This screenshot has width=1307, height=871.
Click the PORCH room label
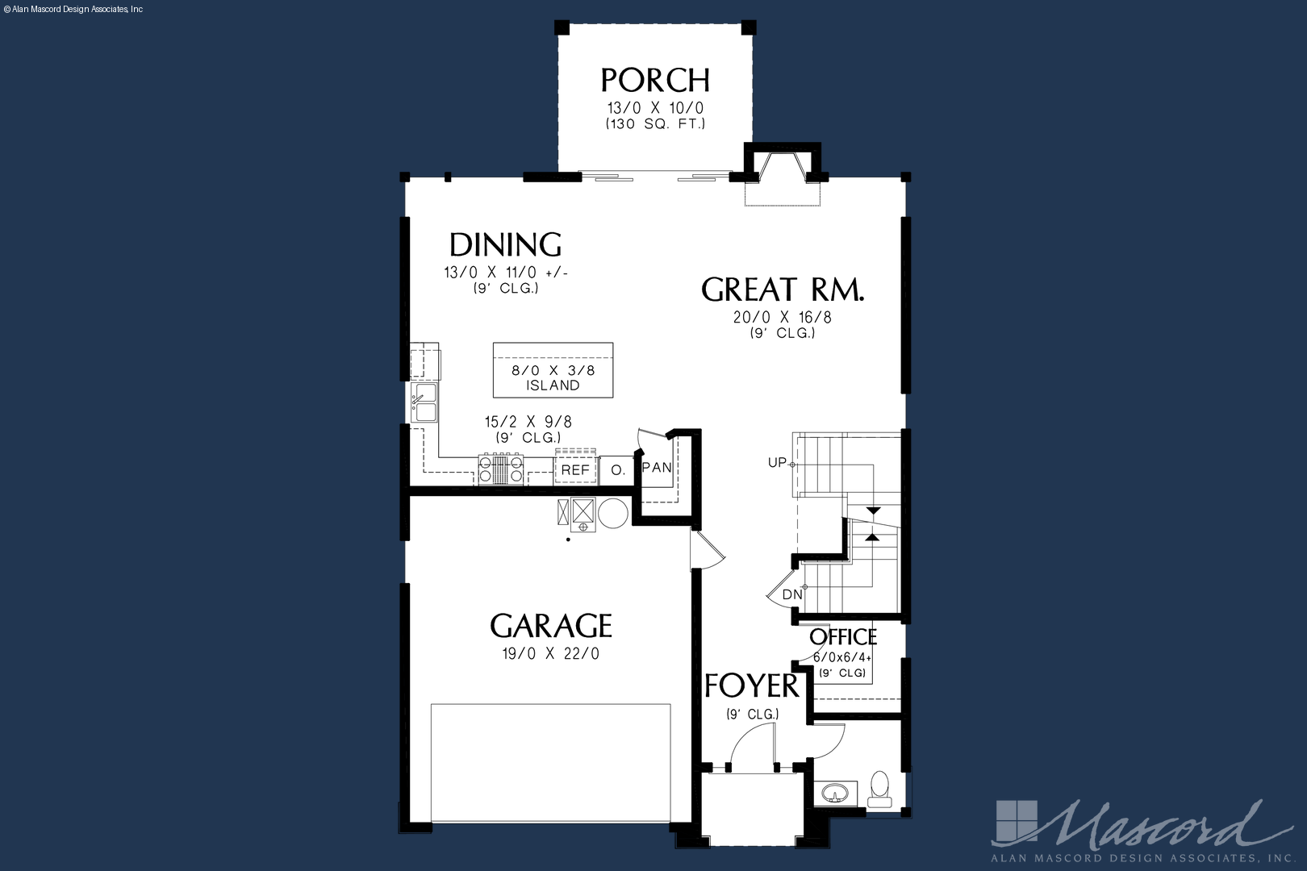(x=655, y=81)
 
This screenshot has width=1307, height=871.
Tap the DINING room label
(x=505, y=245)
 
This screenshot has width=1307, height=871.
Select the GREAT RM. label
(x=783, y=290)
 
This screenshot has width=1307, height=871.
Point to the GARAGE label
(x=551, y=626)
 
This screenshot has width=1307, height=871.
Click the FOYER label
(x=752, y=686)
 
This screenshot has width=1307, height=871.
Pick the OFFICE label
(x=843, y=636)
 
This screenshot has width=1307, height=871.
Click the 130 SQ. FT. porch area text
(x=655, y=123)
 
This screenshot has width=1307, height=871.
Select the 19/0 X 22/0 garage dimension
(x=551, y=654)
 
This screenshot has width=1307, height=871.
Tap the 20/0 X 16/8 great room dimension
(x=783, y=318)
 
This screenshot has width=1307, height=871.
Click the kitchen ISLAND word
(x=553, y=385)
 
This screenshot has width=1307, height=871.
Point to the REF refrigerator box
(x=575, y=470)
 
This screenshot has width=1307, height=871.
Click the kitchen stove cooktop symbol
(x=501, y=469)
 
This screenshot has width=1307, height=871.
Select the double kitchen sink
(x=424, y=402)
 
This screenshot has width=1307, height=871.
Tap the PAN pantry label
(x=657, y=467)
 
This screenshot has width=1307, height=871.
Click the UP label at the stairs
(x=777, y=463)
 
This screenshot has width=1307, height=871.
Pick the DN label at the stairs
(x=791, y=595)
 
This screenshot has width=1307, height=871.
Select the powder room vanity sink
(x=836, y=793)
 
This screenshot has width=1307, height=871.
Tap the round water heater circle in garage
(x=613, y=514)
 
